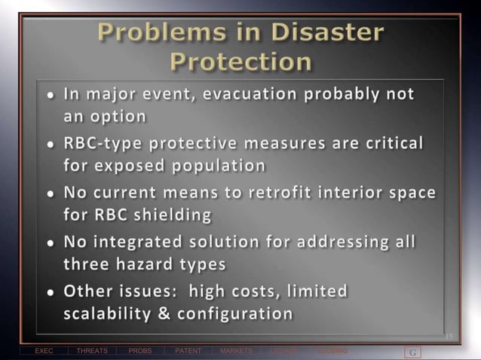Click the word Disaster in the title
(332, 32)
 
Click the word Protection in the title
(240, 61)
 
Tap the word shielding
(173, 215)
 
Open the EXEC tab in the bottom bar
(44, 351)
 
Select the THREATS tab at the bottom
(92, 351)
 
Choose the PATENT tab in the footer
(188, 351)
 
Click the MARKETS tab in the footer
(236, 351)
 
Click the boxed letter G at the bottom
(412, 352)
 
